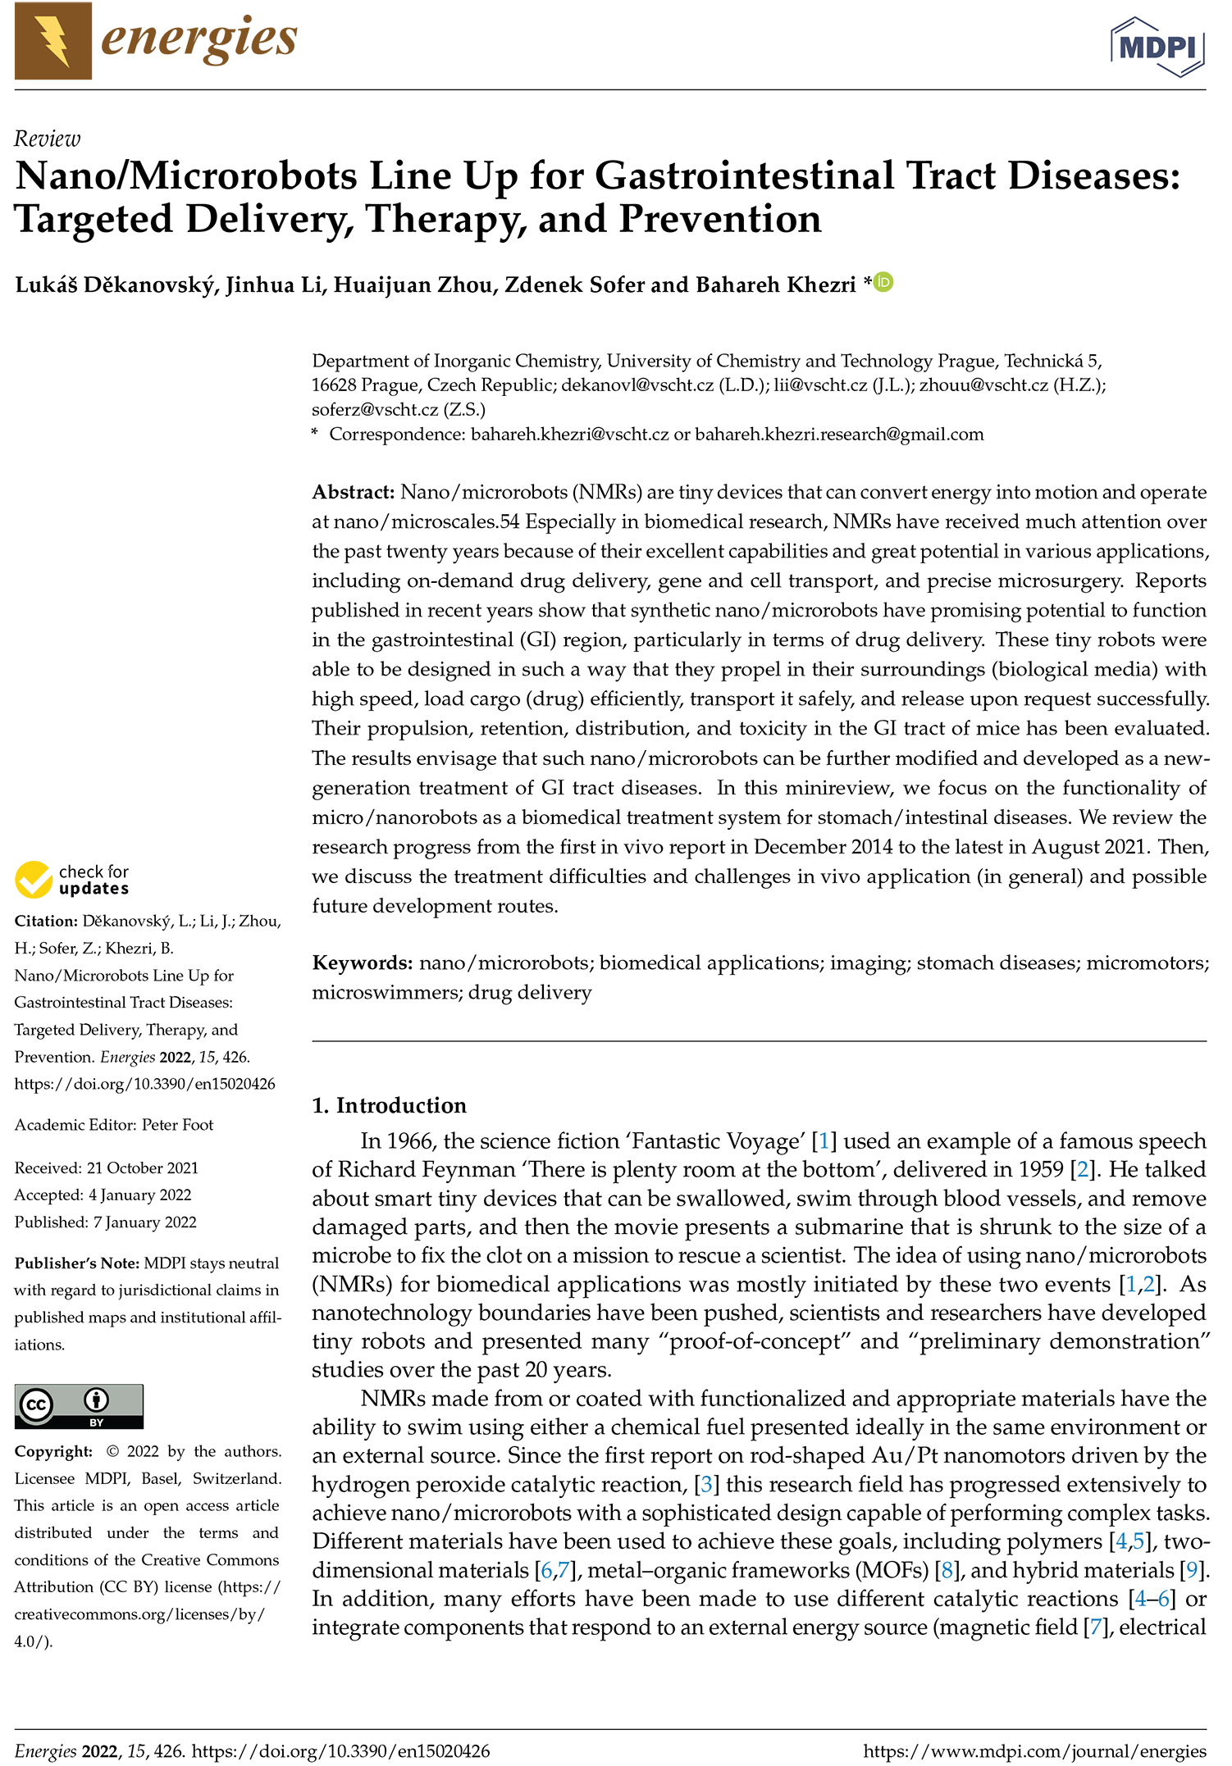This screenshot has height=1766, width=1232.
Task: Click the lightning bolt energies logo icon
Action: tap(53, 41)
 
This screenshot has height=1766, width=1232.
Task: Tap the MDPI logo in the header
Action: tap(1157, 47)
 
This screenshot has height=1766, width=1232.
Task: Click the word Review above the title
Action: tap(48, 139)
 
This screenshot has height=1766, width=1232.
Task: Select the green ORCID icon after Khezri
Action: tap(883, 283)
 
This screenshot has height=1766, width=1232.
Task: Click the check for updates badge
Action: tap(72, 880)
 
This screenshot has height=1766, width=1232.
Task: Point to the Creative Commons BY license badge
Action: tap(79, 1406)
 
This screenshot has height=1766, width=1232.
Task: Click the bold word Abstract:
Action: tap(354, 493)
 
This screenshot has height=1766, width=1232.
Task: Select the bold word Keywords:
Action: tap(363, 963)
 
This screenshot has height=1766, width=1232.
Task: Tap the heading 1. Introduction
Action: tap(389, 1106)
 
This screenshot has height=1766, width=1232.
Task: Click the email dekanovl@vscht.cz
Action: tap(637, 385)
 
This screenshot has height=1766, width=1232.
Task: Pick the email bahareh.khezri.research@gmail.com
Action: tap(839, 435)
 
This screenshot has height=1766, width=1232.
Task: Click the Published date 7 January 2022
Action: tap(144, 1222)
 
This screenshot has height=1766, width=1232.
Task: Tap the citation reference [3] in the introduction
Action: tap(705, 1485)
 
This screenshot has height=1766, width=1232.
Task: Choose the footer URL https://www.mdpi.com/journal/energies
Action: tap(1034, 1752)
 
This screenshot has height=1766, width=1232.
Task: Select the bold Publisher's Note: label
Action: tap(77, 1263)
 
